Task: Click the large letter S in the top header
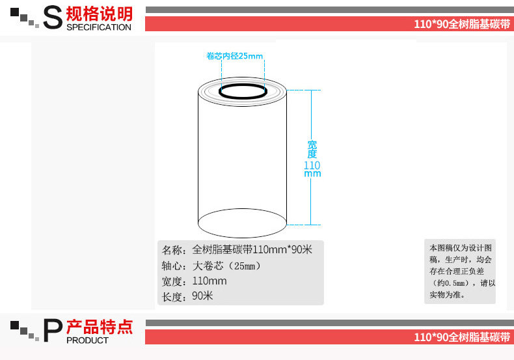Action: pyautogui.click(x=51, y=18)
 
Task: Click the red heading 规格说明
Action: pyautogui.click(x=100, y=13)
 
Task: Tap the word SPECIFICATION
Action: pyautogui.click(x=99, y=27)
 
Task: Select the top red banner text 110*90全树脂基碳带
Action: pyautogui.click(x=463, y=24)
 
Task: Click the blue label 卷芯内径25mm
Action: pyautogui.click(x=235, y=56)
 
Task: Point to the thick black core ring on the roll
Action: pyautogui.click(x=243, y=92)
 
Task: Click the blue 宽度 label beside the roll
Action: pyautogui.click(x=312, y=149)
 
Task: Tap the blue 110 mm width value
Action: pyautogui.click(x=312, y=169)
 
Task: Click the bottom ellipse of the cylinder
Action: pyautogui.click(x=242, y=224)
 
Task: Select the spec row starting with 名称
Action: pyautogui.click(x=237, y=249)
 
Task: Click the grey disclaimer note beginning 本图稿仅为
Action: pyautogui.click(x=460, y=271)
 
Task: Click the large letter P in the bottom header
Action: pyautogui.click(x=52, y=331)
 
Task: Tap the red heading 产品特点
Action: pyautogui.click(x=100, y=327)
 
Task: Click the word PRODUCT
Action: pyautogui.click(x=88, y=340)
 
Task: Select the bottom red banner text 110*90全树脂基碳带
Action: pyautogui.click(x=463, y=337)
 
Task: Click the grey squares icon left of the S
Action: pyautogui.click(x=25, y=18)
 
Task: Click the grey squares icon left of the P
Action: pyautogui.click(x=25, y=330)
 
